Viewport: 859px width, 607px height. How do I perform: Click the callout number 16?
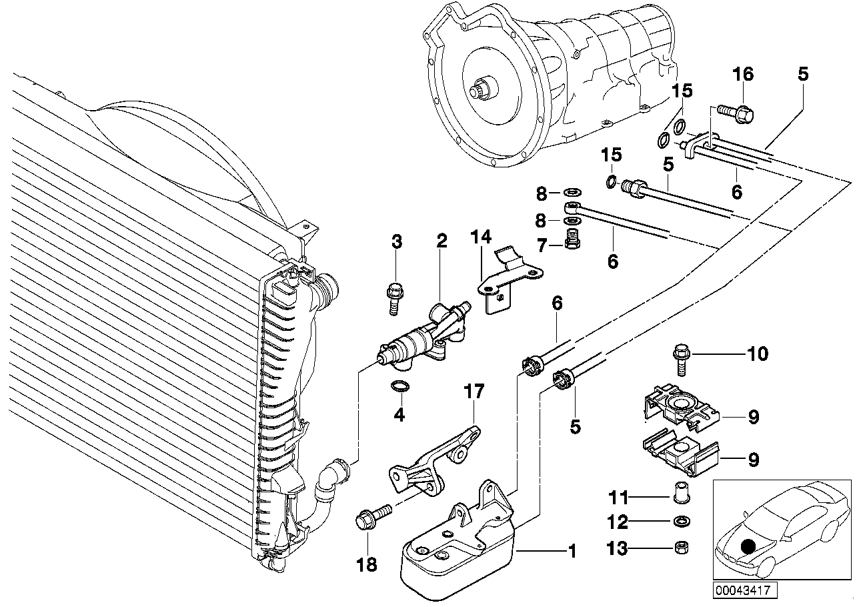(x=743, y=74)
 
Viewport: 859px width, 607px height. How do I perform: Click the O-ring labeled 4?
(x=398, y=386)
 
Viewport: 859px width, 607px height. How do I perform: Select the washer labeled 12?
(x=680, y=521)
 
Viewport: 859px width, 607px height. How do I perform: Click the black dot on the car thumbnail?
(x=748, y=546)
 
